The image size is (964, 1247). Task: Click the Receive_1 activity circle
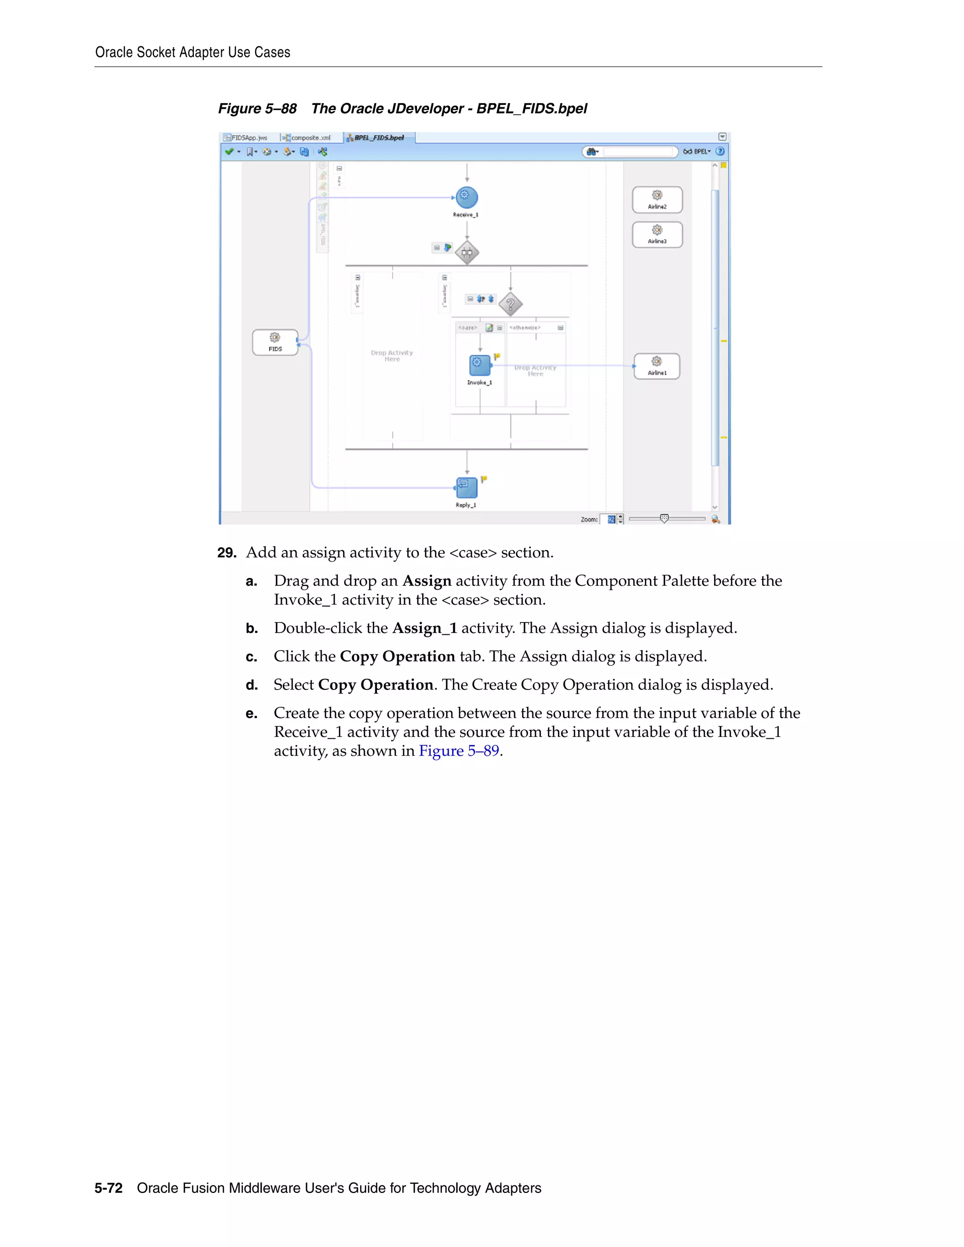pyautogui.click(x=466, y=198)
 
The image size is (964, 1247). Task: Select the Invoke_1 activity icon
pyautogui.click(x=479, y=365)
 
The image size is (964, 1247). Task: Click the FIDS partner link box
pyautogui.click(x=275, y=343)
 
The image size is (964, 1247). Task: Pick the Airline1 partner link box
pyautogui.click(x=657, y=366)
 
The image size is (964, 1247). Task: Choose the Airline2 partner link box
pyautogui.click(x=657, y=200)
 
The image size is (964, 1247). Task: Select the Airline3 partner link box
pyautogui.click(x=657, y=235)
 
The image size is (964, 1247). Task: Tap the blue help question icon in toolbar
pyautogui.click(x=720, y=152)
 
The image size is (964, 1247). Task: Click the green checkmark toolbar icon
pyautogui.click(x=229, y=152)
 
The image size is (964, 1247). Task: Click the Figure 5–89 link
pyautogui.click(x=459, y=751)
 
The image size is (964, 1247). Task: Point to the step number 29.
pyautogui.click(x=227, y=553)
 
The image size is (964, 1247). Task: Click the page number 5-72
pyautogui.click(x=109, y=1188)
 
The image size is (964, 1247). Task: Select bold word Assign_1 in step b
pyautogui.click(x=424, y=628)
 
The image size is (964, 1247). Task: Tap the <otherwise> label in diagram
pyautogui.click(x=525, y=328)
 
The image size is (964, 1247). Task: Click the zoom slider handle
pyautogui.click(x=664, y=519)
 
